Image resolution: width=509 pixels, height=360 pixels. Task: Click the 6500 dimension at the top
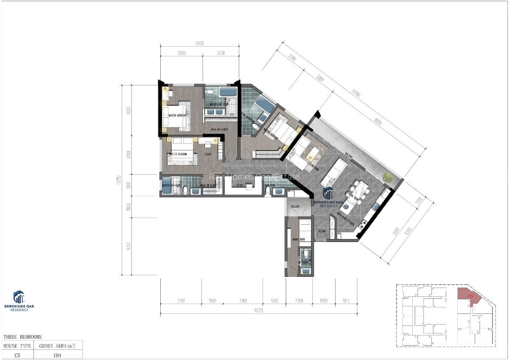(x=199, y=43)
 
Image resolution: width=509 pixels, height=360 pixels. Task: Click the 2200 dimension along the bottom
(x=299, y=301)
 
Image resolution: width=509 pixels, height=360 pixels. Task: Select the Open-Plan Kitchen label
(x=345, y=219)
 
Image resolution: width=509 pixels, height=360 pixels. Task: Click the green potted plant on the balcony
(x=388, y=178)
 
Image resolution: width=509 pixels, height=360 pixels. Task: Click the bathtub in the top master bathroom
(x=228, y=92)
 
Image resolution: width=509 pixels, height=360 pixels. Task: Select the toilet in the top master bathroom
(x=210, y=92)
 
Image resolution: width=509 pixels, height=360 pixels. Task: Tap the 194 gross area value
(x=57, y=355)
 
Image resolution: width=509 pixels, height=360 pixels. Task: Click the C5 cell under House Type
(x=17, y=355)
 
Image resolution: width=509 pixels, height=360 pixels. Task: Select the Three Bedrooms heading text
(x=22, y=337)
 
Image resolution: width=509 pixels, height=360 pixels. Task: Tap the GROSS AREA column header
(x=57, y=346)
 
